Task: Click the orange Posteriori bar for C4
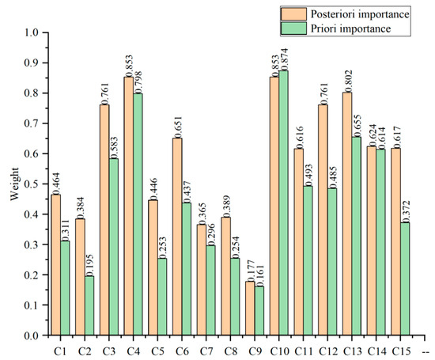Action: [129, 206]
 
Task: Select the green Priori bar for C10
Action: [284, 203]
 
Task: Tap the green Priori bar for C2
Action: [89, 305]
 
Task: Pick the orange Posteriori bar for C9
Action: [250, 309]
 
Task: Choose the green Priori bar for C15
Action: [405, 279]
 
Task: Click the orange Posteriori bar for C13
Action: [347, 214]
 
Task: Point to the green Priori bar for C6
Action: [187, 269]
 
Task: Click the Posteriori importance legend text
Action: [360, 14]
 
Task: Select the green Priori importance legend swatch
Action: [293, 28]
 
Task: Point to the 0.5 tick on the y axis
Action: [46, 184]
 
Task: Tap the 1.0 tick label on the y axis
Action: [32, 32]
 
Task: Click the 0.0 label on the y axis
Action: [32, 335]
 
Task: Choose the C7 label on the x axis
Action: [206, 351]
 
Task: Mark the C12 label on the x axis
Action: [328, 351]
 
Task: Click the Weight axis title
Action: [14, 184]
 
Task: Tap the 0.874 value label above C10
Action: [284, 59]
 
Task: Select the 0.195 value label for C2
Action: [89, 265]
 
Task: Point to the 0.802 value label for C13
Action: [348, 81]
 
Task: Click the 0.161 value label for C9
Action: [259, 275]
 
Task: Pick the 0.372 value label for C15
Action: [405, 211]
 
